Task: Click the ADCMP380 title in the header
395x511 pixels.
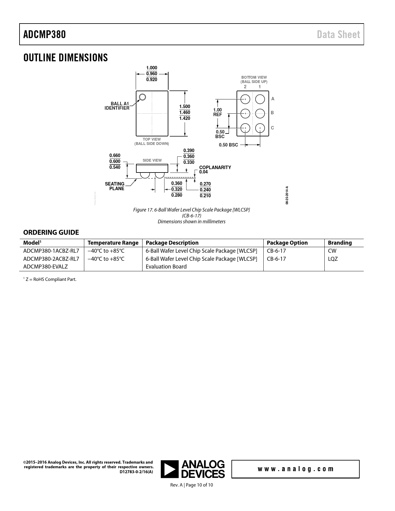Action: (45, 35)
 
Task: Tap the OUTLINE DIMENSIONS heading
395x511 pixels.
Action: (65, 58)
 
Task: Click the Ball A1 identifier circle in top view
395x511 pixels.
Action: (142, 97)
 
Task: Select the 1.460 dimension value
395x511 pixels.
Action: (185, 112)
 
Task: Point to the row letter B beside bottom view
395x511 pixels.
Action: (272, 113)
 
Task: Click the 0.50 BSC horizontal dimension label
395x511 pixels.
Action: (228, 145)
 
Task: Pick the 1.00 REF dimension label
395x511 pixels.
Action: (217, 112)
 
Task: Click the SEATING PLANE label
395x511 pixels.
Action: (115, 186)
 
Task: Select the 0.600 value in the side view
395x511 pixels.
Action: (115, 161)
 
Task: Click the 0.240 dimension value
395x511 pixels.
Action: (205, 190)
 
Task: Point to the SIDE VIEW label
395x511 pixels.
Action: (152, 160)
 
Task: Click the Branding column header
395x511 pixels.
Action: (340, 243)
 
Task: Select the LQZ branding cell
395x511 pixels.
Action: (333, 259)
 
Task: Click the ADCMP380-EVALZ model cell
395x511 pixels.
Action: (46, 266)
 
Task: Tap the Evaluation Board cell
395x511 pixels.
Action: (166, 266)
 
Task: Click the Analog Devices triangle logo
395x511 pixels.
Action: (170, 469)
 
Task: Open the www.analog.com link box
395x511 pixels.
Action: (295, 469)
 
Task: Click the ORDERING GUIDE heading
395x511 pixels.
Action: (51, 232)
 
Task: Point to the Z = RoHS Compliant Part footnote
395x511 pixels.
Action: (50, 279)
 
